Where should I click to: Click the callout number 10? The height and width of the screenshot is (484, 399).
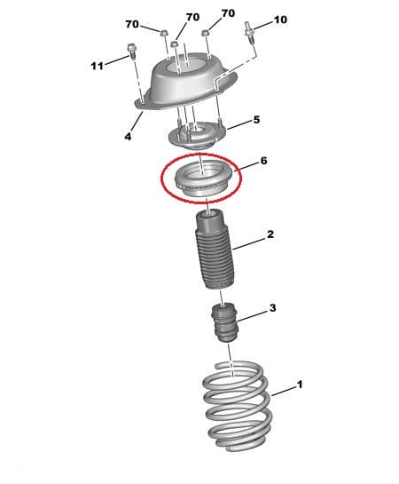click(280, 20)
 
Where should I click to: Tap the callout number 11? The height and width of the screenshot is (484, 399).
click(97, 66)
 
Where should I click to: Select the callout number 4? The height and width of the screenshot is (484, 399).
click(129, 136)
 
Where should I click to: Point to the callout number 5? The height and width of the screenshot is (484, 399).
click(256, 120)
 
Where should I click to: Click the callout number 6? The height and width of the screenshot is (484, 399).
click(263, 161)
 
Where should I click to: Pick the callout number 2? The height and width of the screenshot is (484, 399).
click(270, 234)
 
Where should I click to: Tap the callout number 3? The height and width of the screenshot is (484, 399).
click(272, 308)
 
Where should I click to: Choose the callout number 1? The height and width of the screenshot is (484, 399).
click(300, 385)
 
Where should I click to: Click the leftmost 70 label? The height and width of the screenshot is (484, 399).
click(132, 24)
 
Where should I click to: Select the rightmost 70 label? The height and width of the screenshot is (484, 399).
click(228, 13)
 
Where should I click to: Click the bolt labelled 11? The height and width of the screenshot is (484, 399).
click(132, 52)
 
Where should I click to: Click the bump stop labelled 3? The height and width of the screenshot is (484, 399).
click(224, 322)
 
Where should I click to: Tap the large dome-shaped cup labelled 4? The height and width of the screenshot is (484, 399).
click(187, 83)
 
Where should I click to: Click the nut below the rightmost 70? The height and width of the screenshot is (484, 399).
click(205, 32)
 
